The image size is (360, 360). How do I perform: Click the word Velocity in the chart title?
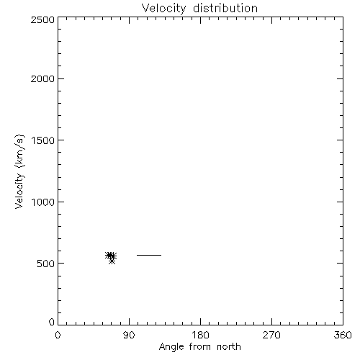163,9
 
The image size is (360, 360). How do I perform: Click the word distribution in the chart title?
225,8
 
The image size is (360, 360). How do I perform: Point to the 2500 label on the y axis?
42,19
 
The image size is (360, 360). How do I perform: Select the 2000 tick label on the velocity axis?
42,78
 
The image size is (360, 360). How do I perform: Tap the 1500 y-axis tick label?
43,140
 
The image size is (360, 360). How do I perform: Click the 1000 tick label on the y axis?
43,202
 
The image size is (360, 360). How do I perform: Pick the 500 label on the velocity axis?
46,264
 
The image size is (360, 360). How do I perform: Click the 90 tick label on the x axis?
129,335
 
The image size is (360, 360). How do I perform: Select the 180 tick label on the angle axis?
200,335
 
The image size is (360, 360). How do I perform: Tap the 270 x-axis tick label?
271,335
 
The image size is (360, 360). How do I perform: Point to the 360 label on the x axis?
343,335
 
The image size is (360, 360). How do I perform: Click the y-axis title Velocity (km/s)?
19,171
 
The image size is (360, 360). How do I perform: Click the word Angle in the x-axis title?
171,347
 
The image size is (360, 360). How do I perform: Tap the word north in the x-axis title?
229,347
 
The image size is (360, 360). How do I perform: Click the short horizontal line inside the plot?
149,255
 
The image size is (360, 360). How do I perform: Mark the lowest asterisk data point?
112,261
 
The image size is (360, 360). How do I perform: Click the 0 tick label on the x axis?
58,335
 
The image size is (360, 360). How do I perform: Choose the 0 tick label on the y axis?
52,322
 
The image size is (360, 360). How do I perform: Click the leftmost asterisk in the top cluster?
109,256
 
